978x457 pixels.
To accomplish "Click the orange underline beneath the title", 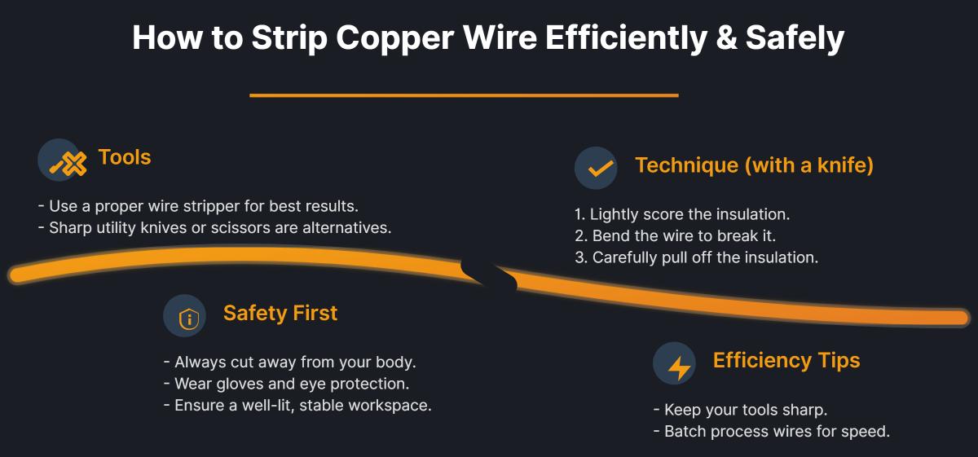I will click(464, 95).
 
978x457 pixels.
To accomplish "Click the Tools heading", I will click(125, 157).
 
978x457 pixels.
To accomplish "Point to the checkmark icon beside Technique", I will click(596, 168).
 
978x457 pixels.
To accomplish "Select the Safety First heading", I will click(280, 314).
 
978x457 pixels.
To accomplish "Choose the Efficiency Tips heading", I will click(786, 360).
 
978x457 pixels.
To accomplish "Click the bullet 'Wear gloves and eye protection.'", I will click(286, 383).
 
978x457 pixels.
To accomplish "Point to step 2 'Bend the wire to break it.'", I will click(676, 236).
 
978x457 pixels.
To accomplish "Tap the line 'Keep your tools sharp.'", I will click(740, 410).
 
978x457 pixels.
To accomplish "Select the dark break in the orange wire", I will click(490, 275).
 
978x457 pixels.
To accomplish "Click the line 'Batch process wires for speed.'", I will click(771, 431).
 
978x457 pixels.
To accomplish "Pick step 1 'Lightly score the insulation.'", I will click(682, 215).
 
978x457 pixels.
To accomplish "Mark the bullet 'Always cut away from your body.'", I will click(289, 362).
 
